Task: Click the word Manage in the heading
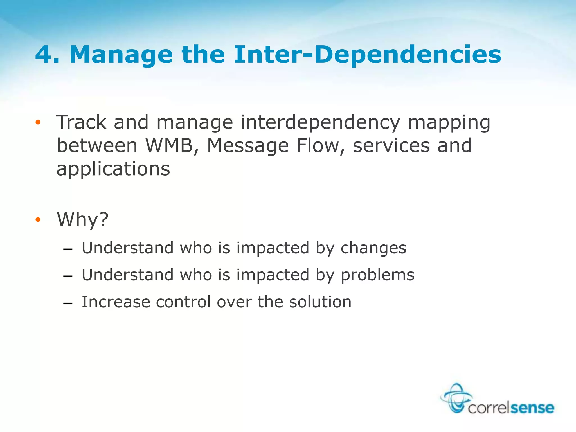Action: (121, 55)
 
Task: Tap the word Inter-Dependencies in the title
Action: (367, 55)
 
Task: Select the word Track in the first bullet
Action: (81, 123)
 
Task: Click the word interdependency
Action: (320, 123)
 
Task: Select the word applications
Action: (113, 169)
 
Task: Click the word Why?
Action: (83, 219)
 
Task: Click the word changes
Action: (373, 248)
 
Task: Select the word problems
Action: (377, 275)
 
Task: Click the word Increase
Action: (116, 302)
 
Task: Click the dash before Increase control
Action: (68, 303)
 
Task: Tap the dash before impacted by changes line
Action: (68, 249)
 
